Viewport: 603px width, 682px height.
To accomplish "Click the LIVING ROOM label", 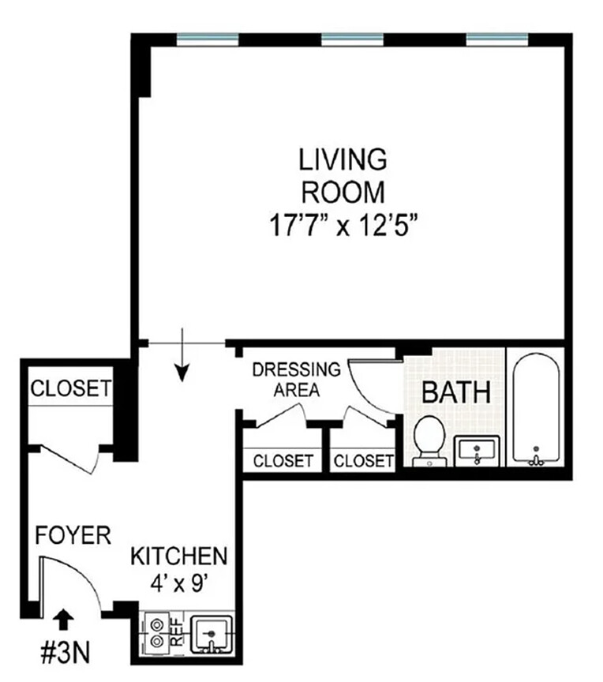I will coord(343,175).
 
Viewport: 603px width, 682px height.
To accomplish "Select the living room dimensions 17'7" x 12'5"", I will coord(343,224).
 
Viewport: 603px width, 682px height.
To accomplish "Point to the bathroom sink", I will coord(477,451).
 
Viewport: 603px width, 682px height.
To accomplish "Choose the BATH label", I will coord(455,391).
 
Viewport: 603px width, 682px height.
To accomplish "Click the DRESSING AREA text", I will coord(296,379).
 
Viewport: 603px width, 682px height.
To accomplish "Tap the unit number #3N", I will coord(66,652).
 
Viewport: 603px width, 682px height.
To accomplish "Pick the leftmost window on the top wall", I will coord(207,39).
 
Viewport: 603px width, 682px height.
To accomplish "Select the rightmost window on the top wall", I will coord(497,39).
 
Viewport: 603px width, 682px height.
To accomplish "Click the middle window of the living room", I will coord(352,39).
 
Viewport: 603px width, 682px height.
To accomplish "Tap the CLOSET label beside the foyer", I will coord(70,388).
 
